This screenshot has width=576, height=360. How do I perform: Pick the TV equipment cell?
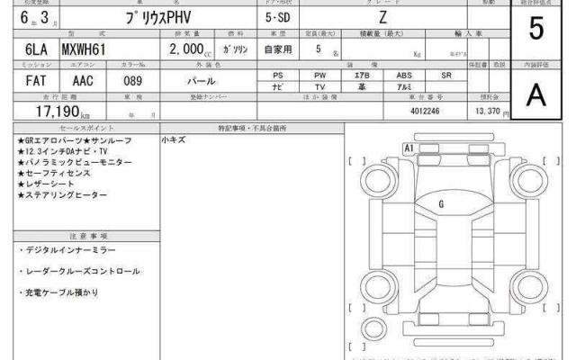(x=319, y=88)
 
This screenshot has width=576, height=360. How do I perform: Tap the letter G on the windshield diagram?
(x=441, y=204)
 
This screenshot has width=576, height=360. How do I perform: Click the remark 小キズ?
(x=173, y=141)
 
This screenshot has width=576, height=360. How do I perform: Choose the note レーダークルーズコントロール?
(x=78, y=271)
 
